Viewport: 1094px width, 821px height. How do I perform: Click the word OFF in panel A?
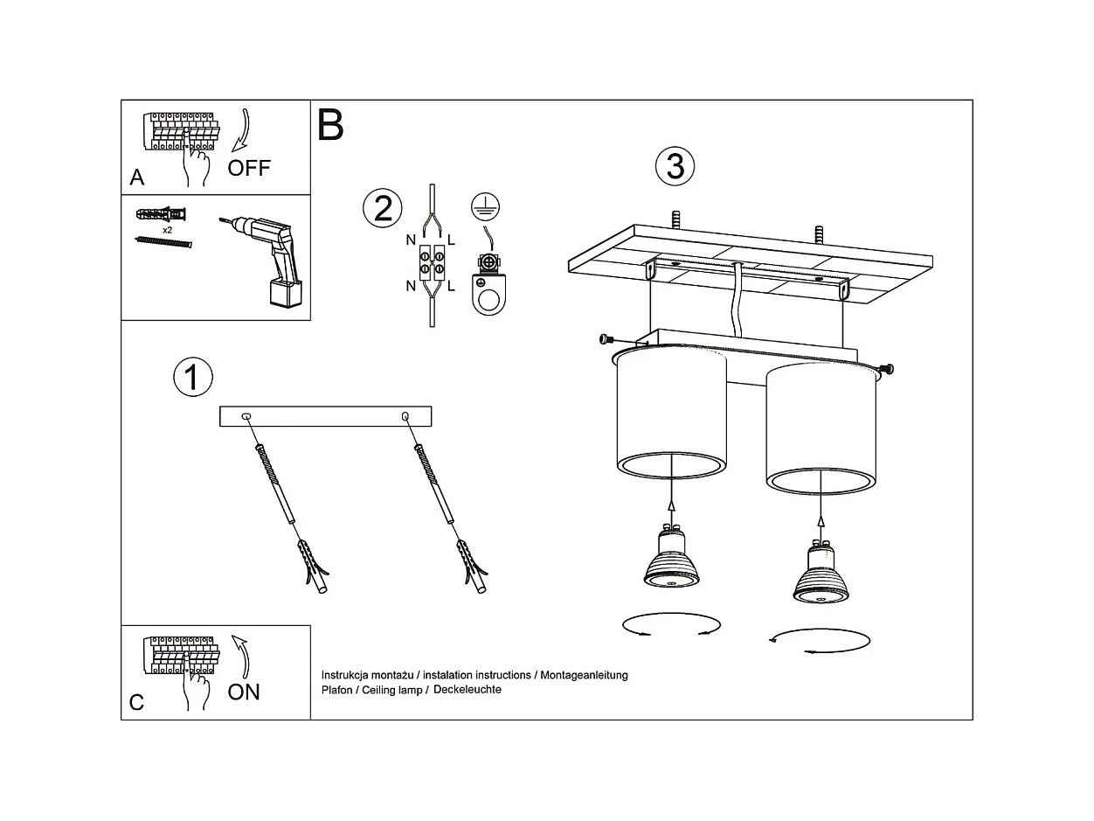249,168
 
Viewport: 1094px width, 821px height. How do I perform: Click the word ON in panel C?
244,692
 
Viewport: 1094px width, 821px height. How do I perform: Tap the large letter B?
331,126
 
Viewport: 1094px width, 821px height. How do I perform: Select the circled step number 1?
192,377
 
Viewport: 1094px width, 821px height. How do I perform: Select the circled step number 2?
383,209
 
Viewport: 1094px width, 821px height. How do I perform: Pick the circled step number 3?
675,166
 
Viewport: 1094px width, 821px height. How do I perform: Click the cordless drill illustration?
267,260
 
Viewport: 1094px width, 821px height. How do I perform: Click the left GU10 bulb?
669,559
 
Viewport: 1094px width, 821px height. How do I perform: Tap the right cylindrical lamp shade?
820,428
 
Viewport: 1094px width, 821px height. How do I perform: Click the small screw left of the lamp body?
605,339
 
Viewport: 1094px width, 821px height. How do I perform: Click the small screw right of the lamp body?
889,369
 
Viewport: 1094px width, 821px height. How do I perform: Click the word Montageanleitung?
584,675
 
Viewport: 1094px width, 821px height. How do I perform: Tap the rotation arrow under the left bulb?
671,625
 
